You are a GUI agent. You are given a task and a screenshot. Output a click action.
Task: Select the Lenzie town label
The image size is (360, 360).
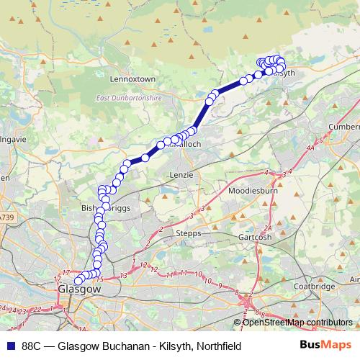(181, 175)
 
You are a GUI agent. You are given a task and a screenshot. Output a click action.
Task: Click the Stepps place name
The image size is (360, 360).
(189, 234)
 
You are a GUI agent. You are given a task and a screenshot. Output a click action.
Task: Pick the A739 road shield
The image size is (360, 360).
(6, 217)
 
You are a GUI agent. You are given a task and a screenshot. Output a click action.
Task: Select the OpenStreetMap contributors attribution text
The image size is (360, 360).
(297, 323)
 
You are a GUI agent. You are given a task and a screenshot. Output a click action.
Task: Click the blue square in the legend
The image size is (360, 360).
(9, 346)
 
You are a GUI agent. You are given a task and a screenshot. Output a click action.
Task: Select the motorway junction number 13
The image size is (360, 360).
(124, 274)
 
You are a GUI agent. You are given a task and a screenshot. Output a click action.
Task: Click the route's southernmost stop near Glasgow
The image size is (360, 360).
(78, 281)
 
